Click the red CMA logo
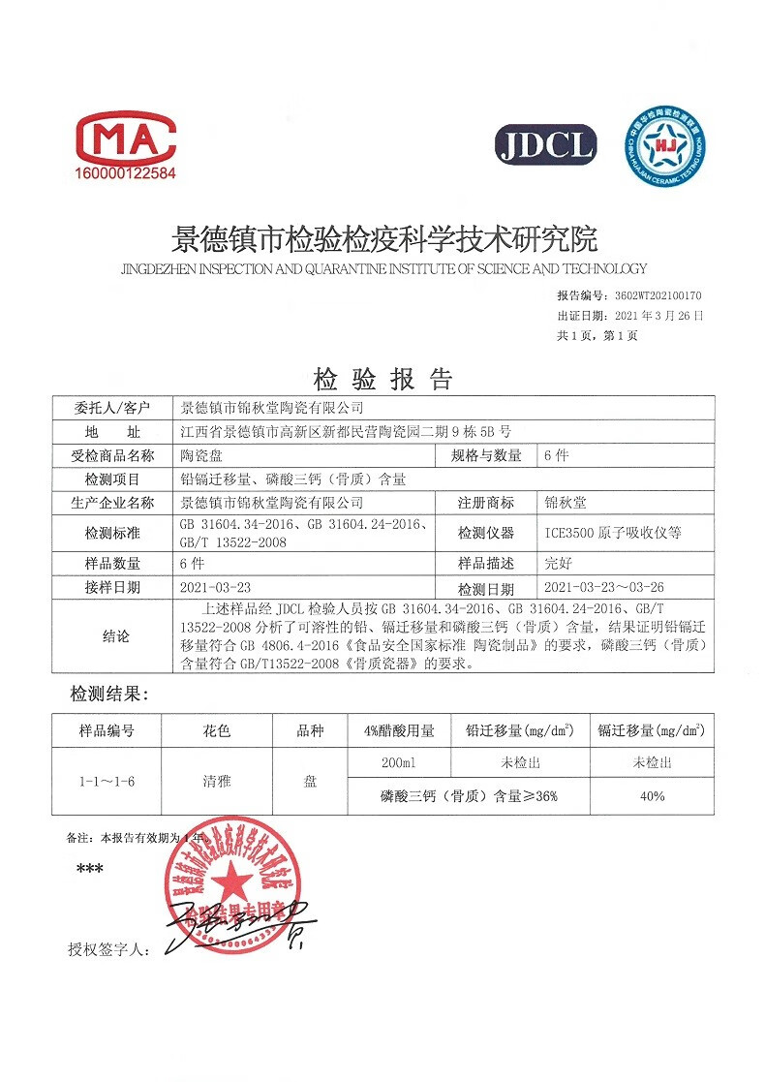pyautogui.click(x=126, y=139)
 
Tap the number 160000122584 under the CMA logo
pyautogui.click(x=126, y=174)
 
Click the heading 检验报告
pyautogui.click(x=382, y=377)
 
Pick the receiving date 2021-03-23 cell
pyautogui.click(x=216, y=587)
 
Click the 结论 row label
pyautogui.click(x=114, y=636)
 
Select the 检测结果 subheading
pyautogui.click(x=107, y=695)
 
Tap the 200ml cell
pyautogui.click(x=399, y=763)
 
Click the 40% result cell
pyautogui.click(x=652, y=796)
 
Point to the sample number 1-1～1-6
pyautogui.click(x=107, y=780)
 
